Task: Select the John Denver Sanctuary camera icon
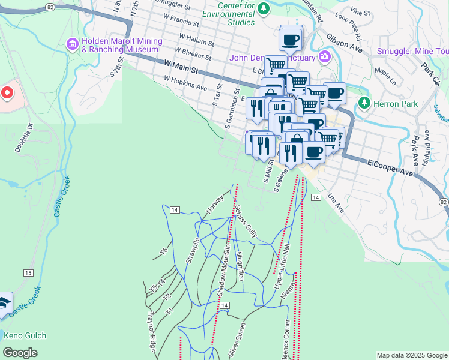(x=325, y=57)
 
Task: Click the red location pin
(x=7, y=93)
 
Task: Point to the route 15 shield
(x=28, y=273)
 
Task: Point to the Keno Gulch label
(x=25, y=336)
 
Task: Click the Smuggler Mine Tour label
(x=412, y=51)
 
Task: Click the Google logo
(x=20, y=353)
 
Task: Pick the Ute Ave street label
(x=336, y=205)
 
